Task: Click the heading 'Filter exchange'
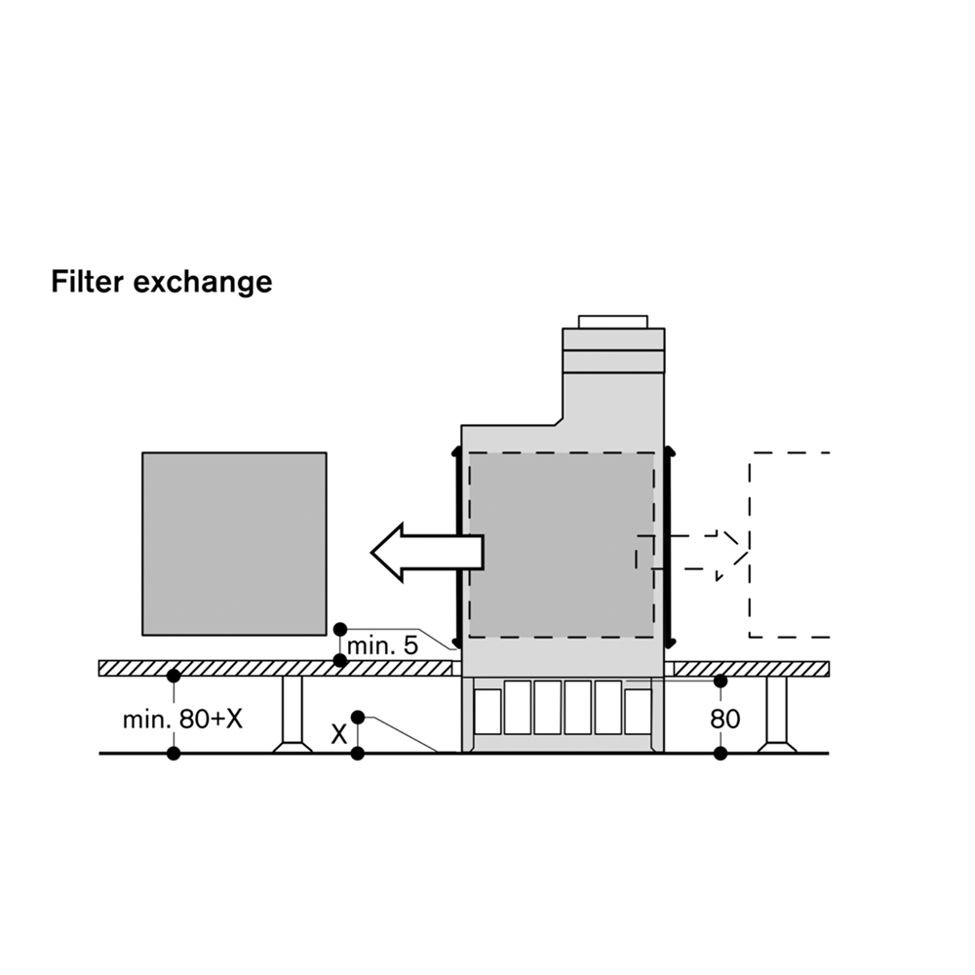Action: click(x=161, y=282)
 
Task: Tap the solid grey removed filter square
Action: click(x=234, y=543)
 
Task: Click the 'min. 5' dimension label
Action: click(x=382, y=645)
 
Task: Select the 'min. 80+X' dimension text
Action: click(x=182, y=720)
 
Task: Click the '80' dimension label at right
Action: click(x=724, y=720)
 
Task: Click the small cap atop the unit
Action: click(x=612, y=322)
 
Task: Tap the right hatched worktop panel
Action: click(x=751, y=668)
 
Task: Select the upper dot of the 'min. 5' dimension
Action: click(x=339, y=629)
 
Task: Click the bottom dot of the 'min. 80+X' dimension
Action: click(x=174, y=753)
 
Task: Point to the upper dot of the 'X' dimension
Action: click(x=358, y=718)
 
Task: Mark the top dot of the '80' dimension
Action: click(x=721, y=681)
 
